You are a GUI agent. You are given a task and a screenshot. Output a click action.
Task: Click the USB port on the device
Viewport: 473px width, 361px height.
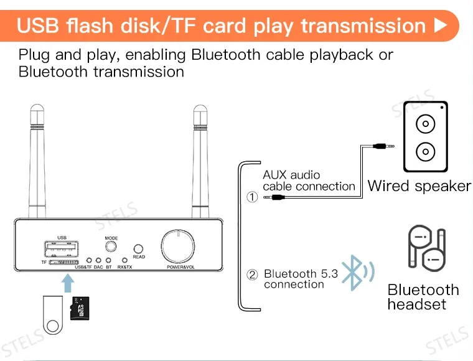point(62,248)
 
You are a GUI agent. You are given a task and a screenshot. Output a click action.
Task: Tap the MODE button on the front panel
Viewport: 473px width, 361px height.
point(111,246)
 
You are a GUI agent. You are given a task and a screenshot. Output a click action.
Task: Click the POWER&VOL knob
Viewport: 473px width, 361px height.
point(177,246)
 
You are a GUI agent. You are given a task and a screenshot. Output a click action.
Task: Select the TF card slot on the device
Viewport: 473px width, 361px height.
point(63,263)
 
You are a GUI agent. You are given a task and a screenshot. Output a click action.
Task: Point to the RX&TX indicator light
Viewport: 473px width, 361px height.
point(124,260)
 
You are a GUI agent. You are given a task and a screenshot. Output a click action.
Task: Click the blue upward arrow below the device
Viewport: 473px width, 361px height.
point(68,283)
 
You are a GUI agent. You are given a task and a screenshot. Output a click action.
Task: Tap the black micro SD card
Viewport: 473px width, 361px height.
point(80,308)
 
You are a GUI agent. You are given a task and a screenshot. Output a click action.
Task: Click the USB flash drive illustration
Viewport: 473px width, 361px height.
point(53,315)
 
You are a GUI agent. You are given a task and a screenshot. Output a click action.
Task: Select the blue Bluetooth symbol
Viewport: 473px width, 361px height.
point(358,273)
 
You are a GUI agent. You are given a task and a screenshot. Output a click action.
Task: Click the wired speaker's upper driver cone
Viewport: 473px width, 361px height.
point(425,124)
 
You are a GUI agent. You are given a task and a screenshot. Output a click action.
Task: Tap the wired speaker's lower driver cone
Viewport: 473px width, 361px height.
point(425,151)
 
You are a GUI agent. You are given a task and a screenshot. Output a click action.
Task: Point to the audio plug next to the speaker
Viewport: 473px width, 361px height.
point(383,146)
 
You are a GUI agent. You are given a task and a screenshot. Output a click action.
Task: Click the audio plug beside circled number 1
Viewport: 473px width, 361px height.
point(274,197)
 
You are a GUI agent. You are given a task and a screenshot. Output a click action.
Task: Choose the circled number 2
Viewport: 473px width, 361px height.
point(252,274)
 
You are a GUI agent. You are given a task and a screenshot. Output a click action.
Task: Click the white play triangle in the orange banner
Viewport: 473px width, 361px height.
point(441,26)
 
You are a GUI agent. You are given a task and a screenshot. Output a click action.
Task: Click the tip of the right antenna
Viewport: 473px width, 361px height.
point(200,106)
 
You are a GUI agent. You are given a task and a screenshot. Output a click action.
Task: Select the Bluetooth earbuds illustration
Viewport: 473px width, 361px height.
point(427,248)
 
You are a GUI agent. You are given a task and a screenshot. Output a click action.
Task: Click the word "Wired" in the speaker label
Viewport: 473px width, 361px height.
point(388,185)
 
